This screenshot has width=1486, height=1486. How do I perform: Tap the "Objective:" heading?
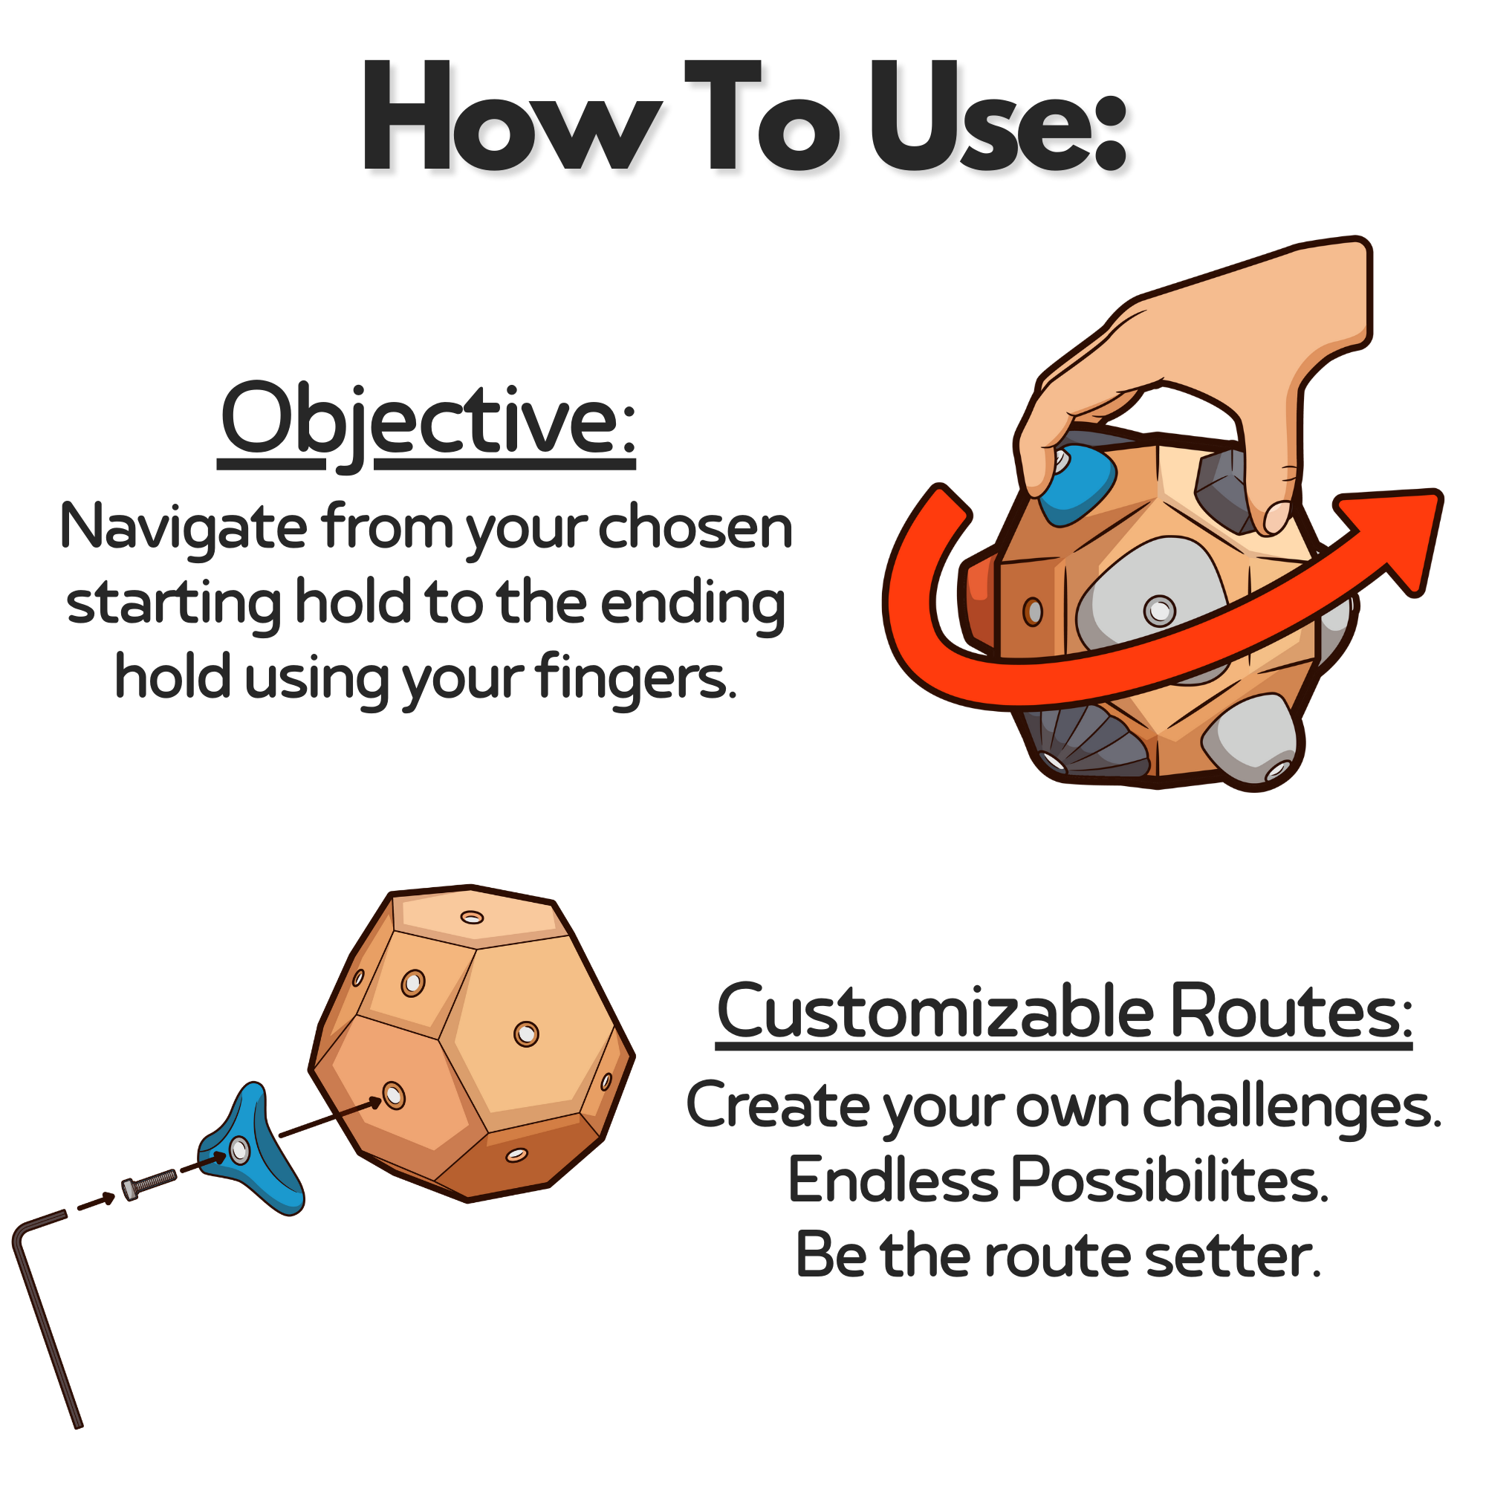(x=427, y=421)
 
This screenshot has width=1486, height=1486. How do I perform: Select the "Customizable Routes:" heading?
(x=1064, y=1012)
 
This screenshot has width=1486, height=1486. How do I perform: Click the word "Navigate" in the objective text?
(x=183, y=528)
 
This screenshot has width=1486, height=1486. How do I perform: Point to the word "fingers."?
(x=635, y=678)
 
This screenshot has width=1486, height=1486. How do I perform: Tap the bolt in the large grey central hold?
(x=1159, y=611)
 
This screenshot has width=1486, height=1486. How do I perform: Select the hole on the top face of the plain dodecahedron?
(x=472, y=918)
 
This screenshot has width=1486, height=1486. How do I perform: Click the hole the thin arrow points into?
(x=394, y=1094)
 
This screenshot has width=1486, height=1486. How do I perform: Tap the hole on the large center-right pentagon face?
(x=526, y=1034)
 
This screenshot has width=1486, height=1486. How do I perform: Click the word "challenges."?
(x=1291, y=1106)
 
